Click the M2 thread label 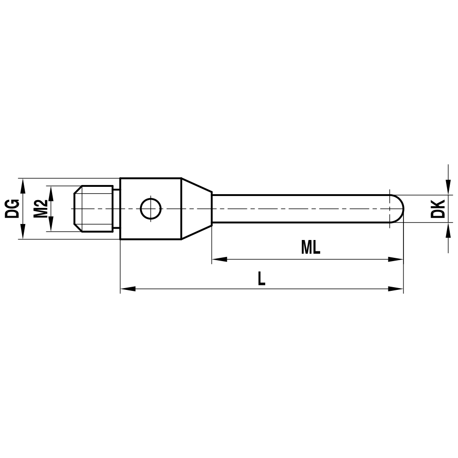point(41,208)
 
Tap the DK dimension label point(439,208)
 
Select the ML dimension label point(310,248)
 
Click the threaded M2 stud point(94,208)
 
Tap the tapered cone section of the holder point(196,209)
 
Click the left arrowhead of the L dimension point(127,289)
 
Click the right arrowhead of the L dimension point(396,289)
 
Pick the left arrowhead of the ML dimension point(219,259)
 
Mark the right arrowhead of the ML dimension point(396,259)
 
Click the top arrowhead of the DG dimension point(22,184)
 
